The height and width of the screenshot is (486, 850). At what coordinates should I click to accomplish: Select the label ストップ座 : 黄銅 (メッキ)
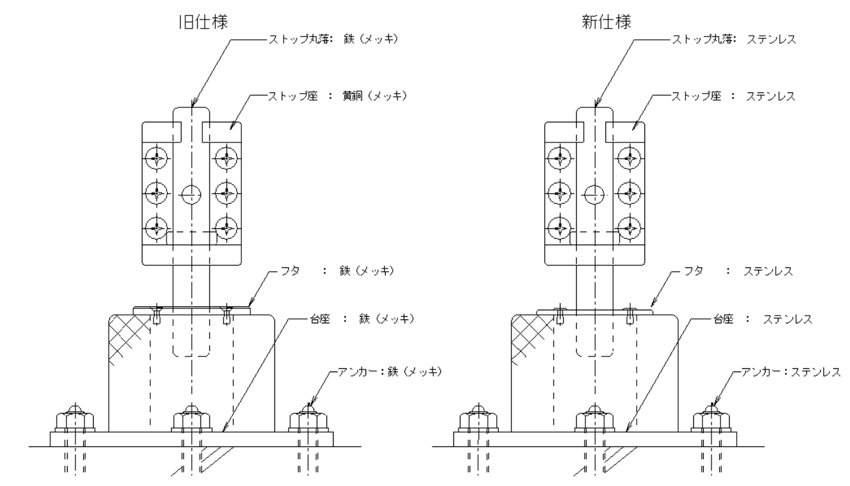(334, 96)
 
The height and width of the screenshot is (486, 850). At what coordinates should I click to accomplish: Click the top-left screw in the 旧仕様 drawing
(157, 157)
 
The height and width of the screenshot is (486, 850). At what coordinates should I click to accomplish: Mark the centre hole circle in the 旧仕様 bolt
(191, 193)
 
